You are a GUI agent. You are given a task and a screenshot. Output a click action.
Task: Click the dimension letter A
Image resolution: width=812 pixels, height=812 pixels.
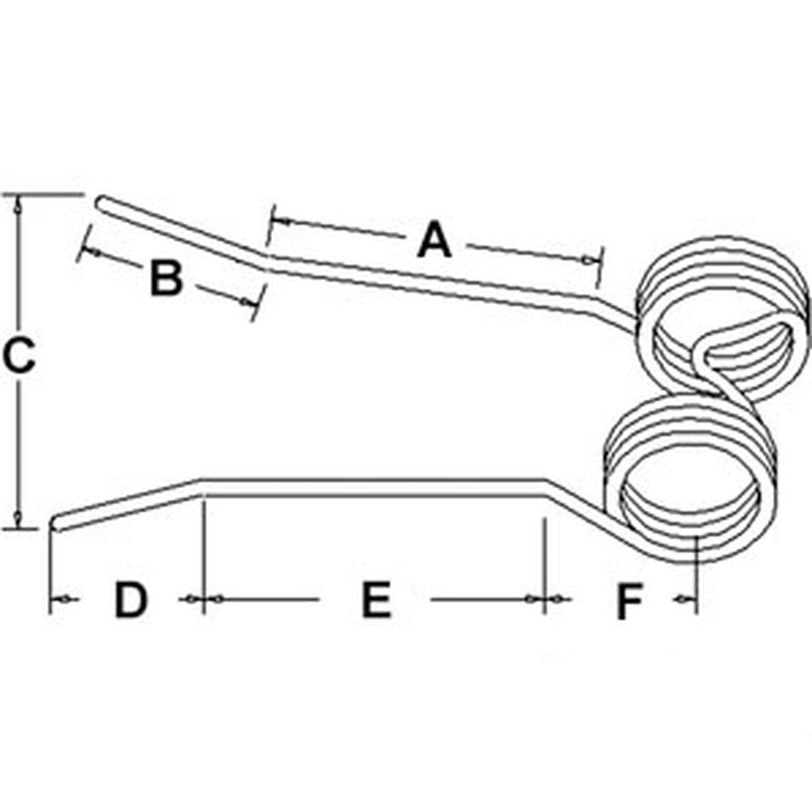pos(434,241)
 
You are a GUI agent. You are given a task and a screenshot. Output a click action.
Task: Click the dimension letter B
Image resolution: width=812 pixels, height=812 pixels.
pos(166,279)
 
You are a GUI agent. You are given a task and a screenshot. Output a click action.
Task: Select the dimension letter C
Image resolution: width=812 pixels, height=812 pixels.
pos(18,356)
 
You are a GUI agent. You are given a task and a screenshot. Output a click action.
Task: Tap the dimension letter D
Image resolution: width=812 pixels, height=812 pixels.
pos(130,601)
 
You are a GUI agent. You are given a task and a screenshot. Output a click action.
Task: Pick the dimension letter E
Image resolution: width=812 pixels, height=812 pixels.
pos(375,601)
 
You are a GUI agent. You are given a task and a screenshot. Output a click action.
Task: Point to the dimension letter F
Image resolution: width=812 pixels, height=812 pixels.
pos(628,602)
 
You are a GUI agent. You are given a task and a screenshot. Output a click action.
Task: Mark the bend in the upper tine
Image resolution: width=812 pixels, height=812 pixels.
pos(266,261)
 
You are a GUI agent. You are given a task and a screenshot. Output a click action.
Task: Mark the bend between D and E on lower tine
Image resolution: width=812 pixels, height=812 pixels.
pos(201,485)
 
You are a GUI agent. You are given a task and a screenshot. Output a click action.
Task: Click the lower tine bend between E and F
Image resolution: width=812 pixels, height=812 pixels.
pos(546,485)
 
